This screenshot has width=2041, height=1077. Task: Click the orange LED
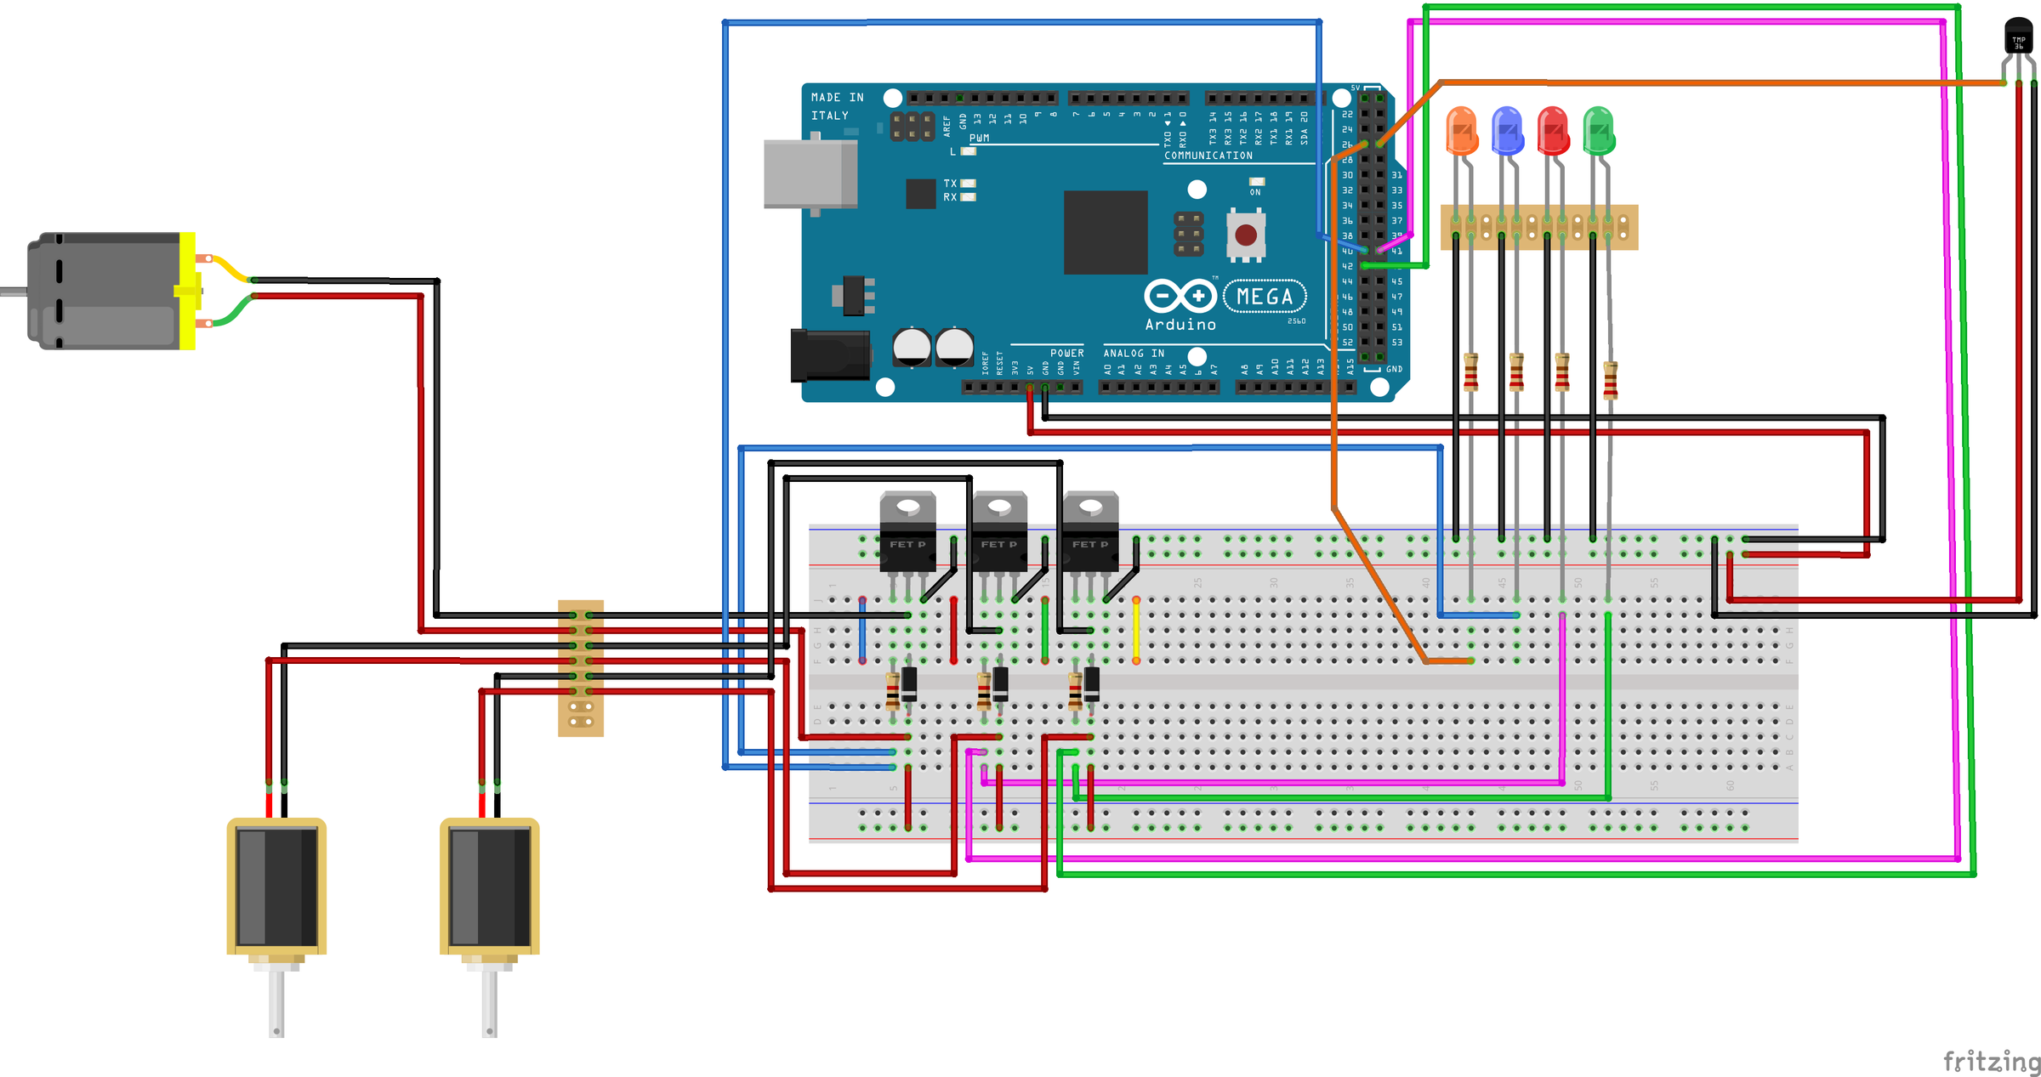point(1461,130)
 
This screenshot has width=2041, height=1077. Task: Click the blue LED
point(1507,130)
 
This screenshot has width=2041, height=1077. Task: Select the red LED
point(1553,130)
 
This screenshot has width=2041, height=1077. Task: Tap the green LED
point(1599,130)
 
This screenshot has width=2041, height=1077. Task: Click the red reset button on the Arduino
point(1246,235)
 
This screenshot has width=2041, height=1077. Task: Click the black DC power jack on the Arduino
point(829,354)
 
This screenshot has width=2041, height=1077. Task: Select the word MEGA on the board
point(1265,297)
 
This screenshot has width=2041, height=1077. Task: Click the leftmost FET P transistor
point(907,531)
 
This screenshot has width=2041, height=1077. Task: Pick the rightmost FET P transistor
point(1090,531)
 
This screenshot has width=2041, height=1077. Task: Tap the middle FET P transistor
point(999,531)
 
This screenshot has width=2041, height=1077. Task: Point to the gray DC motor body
point(106,291)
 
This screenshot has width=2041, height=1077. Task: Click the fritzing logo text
point(1991,1061)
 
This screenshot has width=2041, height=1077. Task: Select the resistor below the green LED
point(1610,380)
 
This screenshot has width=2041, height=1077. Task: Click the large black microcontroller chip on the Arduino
point(1106,232)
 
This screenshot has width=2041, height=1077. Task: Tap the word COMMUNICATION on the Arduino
point(1208,156)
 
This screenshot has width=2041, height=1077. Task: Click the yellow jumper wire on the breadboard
point(1136,631)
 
